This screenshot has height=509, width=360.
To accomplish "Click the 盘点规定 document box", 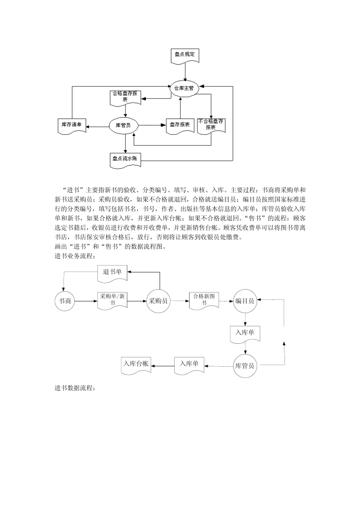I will [x=185, y=55].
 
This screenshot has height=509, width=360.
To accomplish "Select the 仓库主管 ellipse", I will [x=184, y=88].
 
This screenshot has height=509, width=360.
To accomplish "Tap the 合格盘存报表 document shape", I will [x=125, y=97].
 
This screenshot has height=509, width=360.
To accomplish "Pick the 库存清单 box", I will [x=72, y=125].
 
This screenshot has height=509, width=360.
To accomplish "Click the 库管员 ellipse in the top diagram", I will [x=123, y=125].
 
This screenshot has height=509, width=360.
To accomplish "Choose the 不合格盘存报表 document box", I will [x=211, y=125].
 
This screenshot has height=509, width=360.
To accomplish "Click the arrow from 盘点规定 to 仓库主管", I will [x=185, y=71].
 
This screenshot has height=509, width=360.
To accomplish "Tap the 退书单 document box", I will [x=112, y=272].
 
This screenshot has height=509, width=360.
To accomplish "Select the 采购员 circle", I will [x=158, y=301].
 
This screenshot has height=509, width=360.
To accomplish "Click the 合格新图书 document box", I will [x=204, y=300].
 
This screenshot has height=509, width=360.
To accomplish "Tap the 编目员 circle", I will [x=244, y=301].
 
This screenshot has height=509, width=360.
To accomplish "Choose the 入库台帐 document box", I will [x=136, y=365].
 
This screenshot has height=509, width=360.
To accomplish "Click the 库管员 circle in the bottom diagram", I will [x=244, y=366].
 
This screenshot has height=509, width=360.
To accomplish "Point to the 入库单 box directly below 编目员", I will [x=245, y=333].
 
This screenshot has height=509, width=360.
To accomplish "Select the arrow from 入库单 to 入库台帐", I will [x=163, y=366].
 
